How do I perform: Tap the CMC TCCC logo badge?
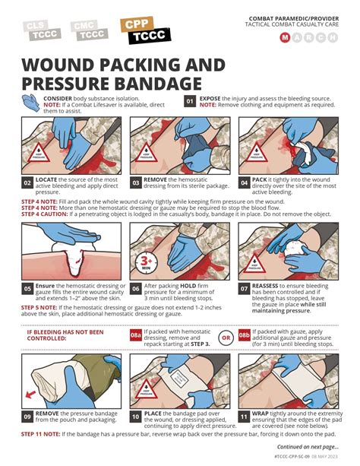click(88, 30)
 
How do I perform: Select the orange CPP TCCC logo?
click(145, 30)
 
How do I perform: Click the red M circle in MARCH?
click(285, 37)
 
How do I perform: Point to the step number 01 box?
click(191, 100)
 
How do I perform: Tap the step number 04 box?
click(245, 182)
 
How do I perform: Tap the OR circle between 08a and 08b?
click(226, 335)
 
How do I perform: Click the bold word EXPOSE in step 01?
click(215, 98)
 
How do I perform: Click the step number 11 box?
click(245, 417)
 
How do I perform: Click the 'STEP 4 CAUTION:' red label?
click(46, 214)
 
